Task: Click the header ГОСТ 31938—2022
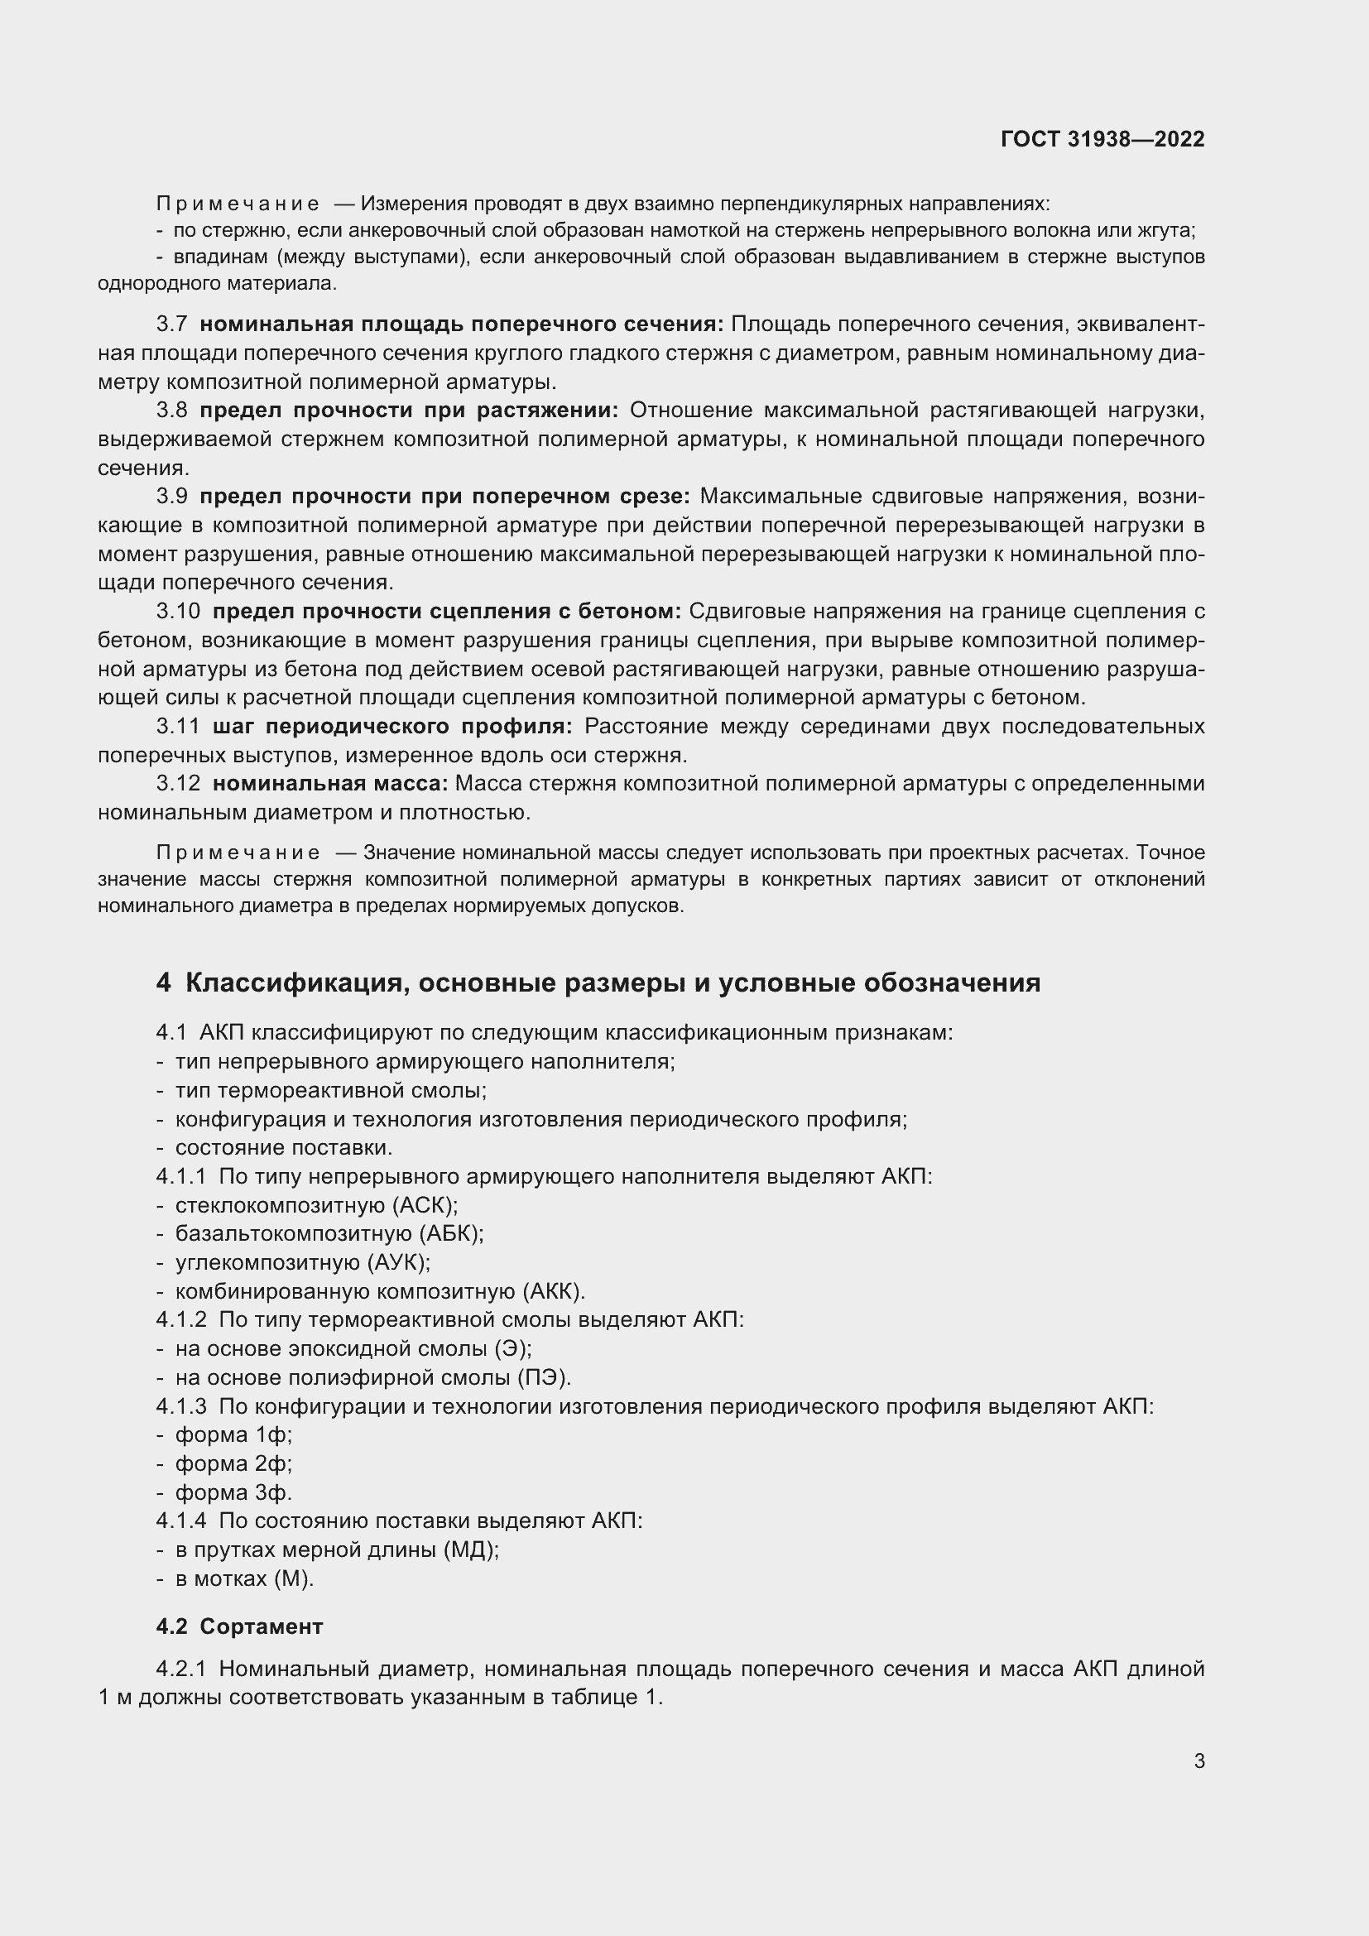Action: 1102,139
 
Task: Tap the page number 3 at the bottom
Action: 1198,1761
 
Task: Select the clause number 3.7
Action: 172,324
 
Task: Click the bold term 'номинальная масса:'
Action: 329,783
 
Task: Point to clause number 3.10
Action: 178,612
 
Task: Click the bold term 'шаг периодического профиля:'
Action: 392,726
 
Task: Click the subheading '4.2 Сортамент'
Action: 239,1626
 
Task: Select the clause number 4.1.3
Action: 180,1406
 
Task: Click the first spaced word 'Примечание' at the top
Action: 238,204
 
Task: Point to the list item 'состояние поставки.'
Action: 283,1147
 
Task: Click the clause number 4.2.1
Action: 180,1669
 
